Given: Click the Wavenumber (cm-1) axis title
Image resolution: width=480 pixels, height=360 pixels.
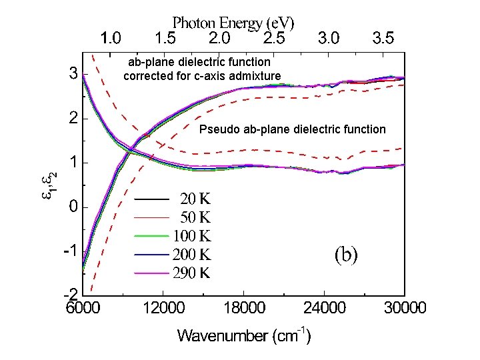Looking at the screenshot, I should [243, 335].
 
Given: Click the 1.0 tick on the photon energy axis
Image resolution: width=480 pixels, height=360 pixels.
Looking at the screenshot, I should [111, 38].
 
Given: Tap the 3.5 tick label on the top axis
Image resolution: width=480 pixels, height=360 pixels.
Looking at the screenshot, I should [383, 38].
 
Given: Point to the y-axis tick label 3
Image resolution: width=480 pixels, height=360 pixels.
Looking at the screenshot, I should [73, 73].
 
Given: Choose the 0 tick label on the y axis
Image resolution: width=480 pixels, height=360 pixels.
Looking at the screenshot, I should [74, 207].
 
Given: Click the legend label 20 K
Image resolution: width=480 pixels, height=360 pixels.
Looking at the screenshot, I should [195, 198].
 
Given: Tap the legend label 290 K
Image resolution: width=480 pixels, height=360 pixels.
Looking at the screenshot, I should [192, 273].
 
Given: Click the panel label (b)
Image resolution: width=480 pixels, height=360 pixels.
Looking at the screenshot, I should [346, 254].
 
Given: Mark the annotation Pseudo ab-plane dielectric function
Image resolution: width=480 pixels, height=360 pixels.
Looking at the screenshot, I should [292, 129].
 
